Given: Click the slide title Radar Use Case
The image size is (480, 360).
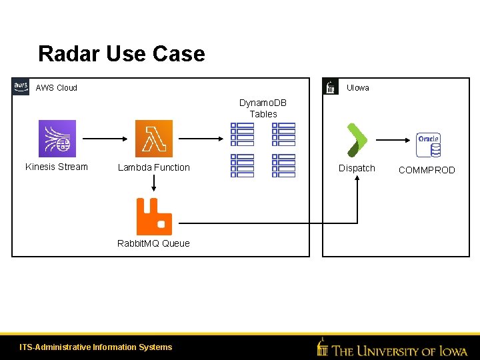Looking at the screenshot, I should [x=121, y=53].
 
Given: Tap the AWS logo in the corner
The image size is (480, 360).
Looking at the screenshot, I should [x=21, y=87].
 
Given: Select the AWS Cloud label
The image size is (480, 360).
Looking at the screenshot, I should [x=56, y=88].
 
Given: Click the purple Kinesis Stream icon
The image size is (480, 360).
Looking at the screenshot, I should [x=57, y=139].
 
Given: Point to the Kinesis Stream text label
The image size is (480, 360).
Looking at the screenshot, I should [x=57, y=167].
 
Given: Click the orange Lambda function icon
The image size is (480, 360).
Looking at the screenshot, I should [x=154, y=139].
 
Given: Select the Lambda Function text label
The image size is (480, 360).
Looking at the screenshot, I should [x=154, y=168].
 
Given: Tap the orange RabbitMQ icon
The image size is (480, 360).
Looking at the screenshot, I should [x=154, y=217].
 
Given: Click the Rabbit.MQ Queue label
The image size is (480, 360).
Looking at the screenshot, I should [x=153, y=243].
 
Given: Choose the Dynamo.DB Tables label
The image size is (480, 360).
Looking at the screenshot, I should [x=263, y=109].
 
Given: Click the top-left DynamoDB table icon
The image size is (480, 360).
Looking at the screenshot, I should [x=242, y=134].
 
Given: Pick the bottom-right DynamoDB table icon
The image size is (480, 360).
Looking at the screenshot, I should [x=283, y=165].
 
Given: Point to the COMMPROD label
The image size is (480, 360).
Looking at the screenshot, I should [x=427, y=171].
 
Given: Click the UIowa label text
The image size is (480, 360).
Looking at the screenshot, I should [x=358, y=88].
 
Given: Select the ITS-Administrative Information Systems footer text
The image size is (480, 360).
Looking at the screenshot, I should [x=96, y=347].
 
